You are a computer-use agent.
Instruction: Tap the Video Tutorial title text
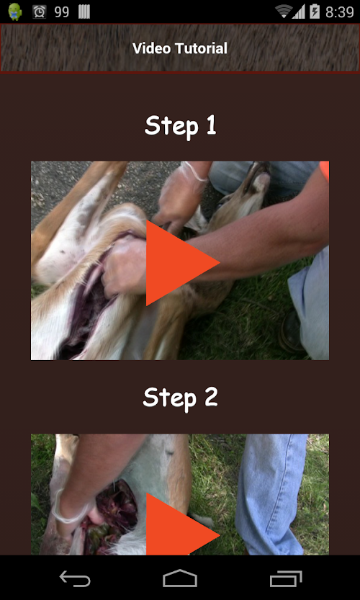coord(180,48)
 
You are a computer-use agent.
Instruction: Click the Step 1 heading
coord(180,126)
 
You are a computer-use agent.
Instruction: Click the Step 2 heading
coord(180,399)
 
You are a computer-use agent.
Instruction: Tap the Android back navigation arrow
coord(75,578)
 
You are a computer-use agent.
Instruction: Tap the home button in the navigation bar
coord(180,578)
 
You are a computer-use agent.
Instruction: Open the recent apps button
coord(286,578)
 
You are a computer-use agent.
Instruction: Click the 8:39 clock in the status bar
coord(339,12)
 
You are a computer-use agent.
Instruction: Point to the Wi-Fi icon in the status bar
coord(284,12)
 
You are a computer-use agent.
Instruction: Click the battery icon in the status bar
coord(315,12)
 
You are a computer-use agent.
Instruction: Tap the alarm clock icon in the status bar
coord(39,12)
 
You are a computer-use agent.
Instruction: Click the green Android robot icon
coord(15,12)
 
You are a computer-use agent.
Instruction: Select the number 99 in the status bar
coord(62,12)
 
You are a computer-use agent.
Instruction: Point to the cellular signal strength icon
coord(299,12)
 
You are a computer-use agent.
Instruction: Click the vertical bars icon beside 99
coord(84,12)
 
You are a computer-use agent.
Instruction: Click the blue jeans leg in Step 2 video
coord(271,494)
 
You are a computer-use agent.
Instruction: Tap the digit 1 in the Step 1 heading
coord(211,125)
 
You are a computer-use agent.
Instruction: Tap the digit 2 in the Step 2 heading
coord(211,398)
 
